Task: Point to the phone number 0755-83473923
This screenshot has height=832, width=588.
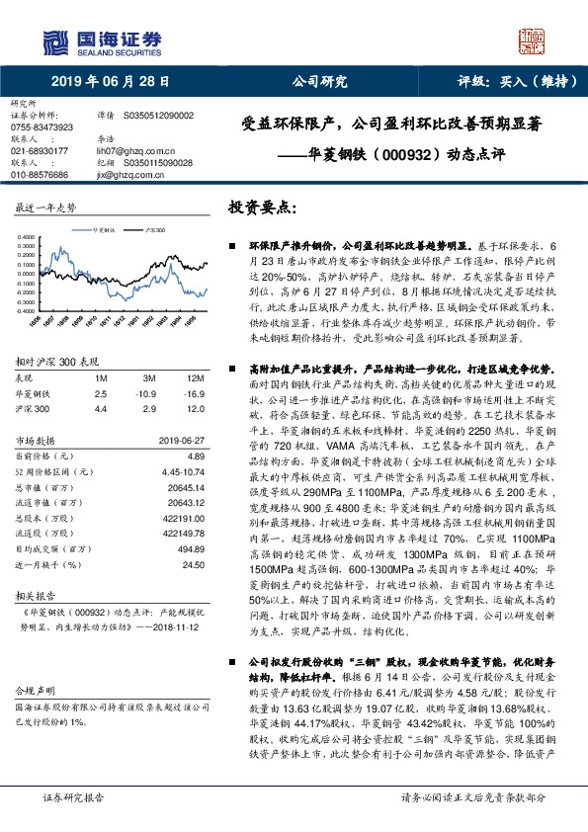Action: [x=41, y=127]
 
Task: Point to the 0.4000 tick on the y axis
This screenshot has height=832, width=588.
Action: [x=27, y=236]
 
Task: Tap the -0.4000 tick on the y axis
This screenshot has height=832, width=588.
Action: [x=27, y=310]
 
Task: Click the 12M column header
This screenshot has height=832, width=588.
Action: [x=195, y=378]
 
